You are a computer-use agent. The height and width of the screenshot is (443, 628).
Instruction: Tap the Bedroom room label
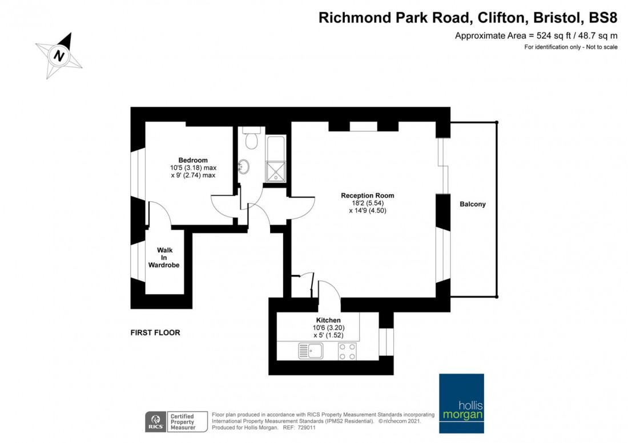[x=192, y=160]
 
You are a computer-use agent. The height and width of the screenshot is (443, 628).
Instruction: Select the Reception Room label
[x=367, y=196]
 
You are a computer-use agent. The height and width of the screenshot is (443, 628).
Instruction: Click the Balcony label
[x=473, y=204]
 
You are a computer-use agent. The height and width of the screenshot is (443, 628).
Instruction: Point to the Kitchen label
[x=328, y=320]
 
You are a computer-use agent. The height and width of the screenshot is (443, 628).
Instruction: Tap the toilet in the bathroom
[x=251, y=139]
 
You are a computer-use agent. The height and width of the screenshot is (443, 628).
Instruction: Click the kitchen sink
[x=311, y=351]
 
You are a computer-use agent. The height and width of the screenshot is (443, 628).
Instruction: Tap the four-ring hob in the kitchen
[x=348, y=351]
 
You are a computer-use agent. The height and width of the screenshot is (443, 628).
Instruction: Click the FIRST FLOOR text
[x=155, y=332]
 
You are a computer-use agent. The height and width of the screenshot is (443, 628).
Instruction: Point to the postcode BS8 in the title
[x=603, y=18]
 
